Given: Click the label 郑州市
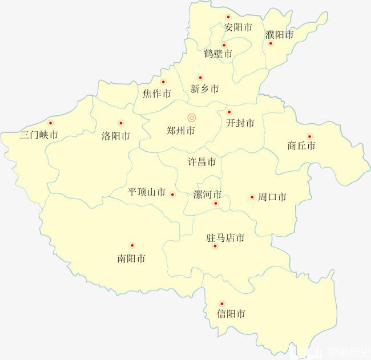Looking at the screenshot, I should (x=181, y=131).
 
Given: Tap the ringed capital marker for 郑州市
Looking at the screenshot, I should (x=192, y=118).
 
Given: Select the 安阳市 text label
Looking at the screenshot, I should (x=238, y=27).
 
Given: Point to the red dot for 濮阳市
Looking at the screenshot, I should (x=271, y=43).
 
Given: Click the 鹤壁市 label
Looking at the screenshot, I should (x=218, y=54).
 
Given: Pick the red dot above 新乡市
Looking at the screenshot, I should (x=200, y=78).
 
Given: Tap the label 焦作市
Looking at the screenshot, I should (x=156, y=94).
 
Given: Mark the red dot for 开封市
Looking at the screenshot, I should (x=229, y=112).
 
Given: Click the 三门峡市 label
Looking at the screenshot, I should (x=39, y=135).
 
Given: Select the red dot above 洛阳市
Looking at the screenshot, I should (x=120, y=123).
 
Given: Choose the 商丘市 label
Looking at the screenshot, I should (x=301, y=146).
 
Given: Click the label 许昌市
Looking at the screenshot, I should (x=202, y=162).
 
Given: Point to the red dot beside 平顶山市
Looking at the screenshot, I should (x=173, y=194).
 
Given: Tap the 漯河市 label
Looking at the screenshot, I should (x=208, y=194).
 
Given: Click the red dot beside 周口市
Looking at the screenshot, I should (x=252, y=197).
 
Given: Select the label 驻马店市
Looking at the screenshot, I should (x=225, y=238).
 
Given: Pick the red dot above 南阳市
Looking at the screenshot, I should (x=132, y=245).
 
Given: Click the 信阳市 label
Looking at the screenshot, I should (x=231, y=314).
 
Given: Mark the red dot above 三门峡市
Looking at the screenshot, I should (x=50, y=123).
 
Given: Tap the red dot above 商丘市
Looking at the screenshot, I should (x=309, y=136).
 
